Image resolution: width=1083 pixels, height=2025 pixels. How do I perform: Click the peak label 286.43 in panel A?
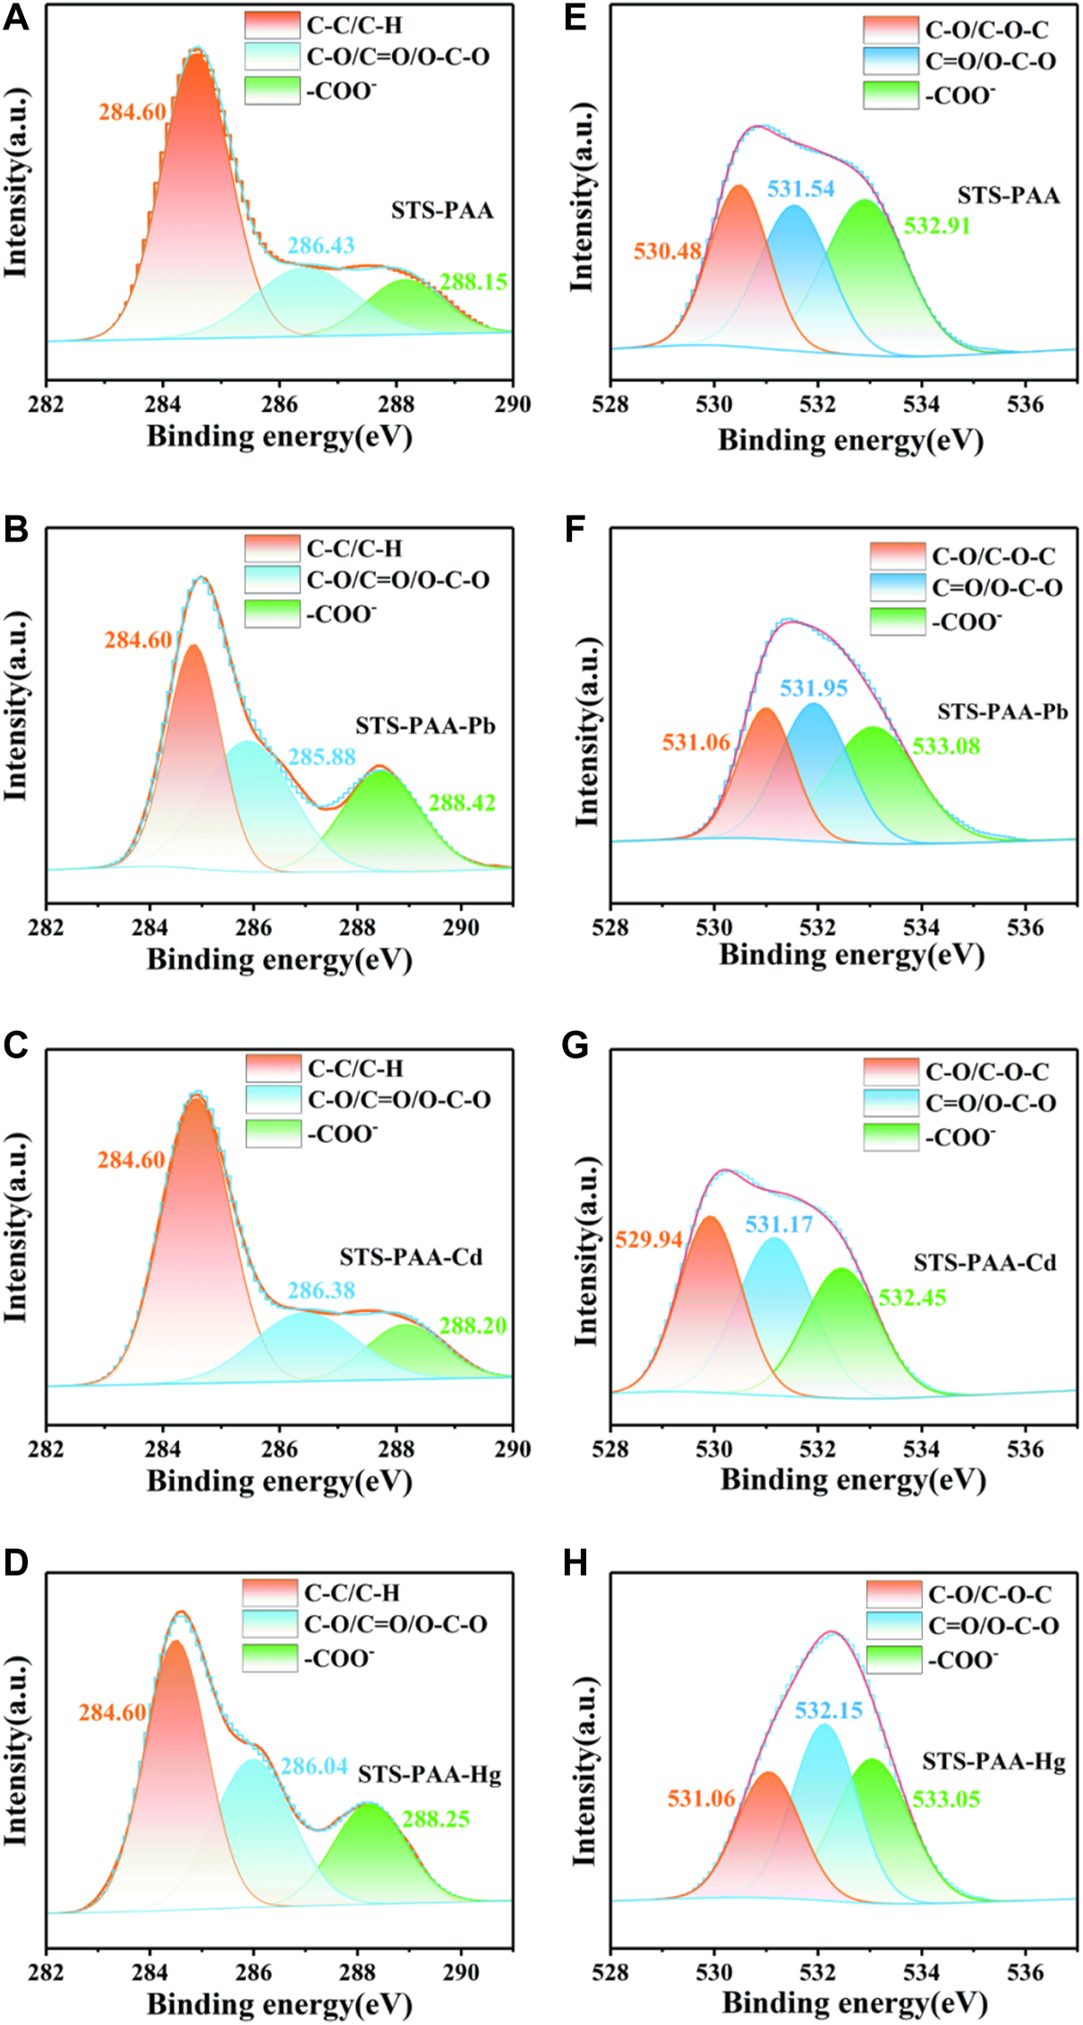[320, 245]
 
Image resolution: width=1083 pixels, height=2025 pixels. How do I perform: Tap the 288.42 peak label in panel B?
[462, 803]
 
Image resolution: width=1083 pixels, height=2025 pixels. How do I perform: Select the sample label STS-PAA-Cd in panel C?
[411, 1257]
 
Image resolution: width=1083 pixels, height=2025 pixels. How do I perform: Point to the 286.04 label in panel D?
[314, 1766]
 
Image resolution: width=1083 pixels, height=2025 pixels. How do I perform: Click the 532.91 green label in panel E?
[937, 225]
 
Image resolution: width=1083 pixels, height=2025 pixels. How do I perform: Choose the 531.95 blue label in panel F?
[813, 688]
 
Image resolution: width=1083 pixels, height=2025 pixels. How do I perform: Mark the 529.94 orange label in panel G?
[648, 1239]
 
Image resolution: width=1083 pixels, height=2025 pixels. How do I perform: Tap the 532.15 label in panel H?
[829, 1711]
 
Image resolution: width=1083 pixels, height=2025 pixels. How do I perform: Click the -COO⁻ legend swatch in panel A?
[272, 90]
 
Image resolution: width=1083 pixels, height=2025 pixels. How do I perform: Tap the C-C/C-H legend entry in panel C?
[355, 1068]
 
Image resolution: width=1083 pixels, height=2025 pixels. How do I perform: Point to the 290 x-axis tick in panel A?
[513, 404]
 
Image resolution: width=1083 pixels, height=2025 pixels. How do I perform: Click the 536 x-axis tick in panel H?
[1025, 1971]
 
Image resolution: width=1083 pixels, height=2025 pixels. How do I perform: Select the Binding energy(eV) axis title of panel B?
[279, 959]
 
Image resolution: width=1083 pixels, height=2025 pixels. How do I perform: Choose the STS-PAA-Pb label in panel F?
[1002, 712]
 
